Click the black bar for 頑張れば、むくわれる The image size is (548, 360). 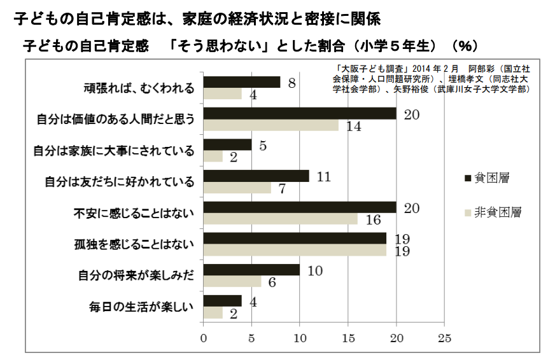click(x=242, y=82)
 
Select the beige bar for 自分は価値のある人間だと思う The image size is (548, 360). click(x=271, y=125)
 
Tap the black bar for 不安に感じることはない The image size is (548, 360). click(x=300, y=207)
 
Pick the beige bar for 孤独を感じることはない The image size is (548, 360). click(x=295, y=250)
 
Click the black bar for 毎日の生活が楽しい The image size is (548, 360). click(x=222, y=301)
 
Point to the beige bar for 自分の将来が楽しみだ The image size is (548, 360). click(x=232, y=282)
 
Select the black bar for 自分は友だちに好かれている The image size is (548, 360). click(x=256, y=176)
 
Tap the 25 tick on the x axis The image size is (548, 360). click(x=445, y=336)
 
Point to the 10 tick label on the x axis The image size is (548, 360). click(x=300, y=336)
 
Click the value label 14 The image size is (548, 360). click(x=353, y=126)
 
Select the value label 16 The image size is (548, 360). click(x=373, y=219)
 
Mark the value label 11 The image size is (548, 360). click(x=323, y=176)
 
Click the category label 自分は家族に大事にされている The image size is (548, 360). click(x=113, y=151)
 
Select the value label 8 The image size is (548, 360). click(x=292, y=82)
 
